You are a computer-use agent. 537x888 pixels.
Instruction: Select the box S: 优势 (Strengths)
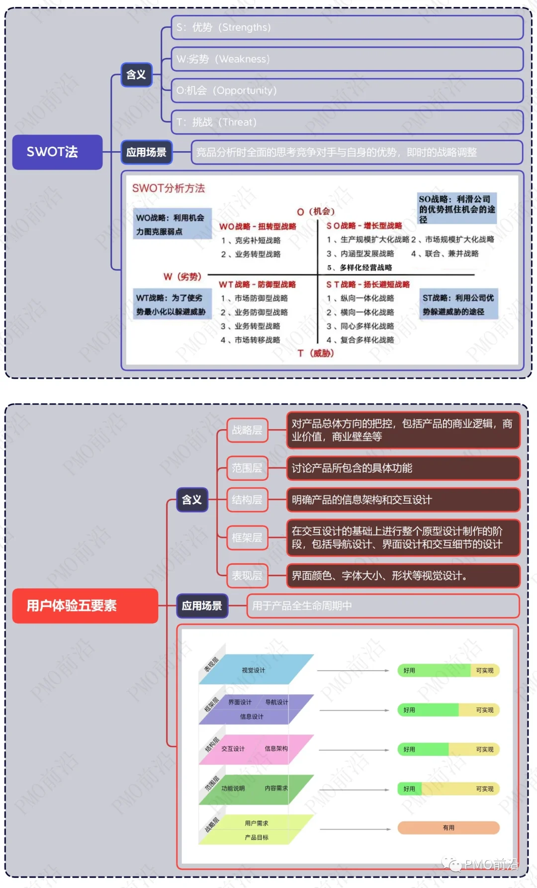[x=347, y=27]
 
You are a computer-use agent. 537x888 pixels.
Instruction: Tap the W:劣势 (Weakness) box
[x=347, y=59]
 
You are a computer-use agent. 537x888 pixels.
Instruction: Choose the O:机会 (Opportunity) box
[x=347, y=90]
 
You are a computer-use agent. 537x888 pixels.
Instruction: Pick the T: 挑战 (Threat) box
[x=347, y=122]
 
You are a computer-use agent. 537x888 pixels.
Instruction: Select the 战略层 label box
[x=247, y=430]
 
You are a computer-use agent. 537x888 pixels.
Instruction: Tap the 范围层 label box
[x=247, y=468]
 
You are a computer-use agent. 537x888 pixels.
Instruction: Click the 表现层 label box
[x=247, y=576]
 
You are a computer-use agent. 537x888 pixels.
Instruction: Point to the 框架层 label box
[x=247, y=538]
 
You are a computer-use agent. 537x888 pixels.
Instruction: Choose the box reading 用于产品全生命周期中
[x=382, y=606]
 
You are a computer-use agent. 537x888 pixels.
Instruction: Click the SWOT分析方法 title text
[x=169, y=188]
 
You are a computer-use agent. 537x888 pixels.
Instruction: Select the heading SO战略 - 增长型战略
[x=364, y=226]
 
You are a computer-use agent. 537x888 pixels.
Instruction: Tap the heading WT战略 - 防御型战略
[x=258, y=284]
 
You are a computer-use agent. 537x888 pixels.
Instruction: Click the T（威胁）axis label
[x=316, y=354]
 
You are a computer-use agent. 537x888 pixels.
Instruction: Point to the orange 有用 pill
[x=448, y=828]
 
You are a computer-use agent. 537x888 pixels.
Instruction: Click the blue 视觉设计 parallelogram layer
[x=256, y=670]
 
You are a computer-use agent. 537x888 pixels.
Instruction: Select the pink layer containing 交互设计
[x=256, y=749]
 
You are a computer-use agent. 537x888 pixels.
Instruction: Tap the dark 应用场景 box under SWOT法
[x=146, y=152]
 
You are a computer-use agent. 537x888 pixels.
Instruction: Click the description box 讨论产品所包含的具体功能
[x=403, y=468]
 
